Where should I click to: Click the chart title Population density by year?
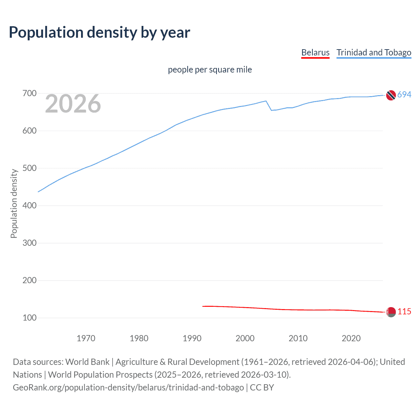[99, 32]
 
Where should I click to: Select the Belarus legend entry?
[315, 52]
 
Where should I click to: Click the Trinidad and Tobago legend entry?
[374, 52]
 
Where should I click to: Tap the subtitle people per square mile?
[210, 70]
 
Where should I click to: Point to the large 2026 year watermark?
[73, 104]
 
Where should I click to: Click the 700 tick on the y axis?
[29, 94]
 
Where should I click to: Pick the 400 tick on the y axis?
[29, 206]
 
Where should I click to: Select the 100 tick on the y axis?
[29, 318]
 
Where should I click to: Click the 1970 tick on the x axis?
[86, 338]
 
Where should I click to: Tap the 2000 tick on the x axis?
[245, 338]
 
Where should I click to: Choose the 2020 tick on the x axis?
[351, 338]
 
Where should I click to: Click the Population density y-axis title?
[14, 203]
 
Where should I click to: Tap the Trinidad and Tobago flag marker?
[391, 95]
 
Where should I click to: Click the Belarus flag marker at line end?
[391, 312]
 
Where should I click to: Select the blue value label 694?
[404, 95]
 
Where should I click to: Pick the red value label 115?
[404, 312]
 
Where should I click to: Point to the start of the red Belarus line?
[203, 306]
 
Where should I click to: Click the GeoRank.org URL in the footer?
[128, 388]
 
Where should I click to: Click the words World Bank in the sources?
[87, 362]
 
